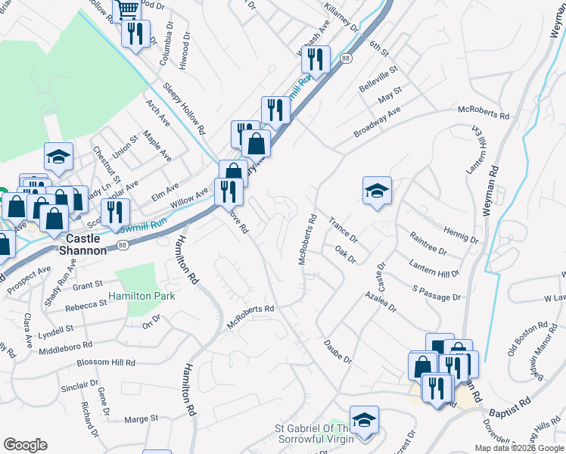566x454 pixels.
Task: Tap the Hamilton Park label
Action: pyautogui.click(x=141, y=296)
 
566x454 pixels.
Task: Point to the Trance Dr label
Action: pyautogui.click(x=343, y=230)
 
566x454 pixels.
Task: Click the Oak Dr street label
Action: pyautogui.click(x=344, y=253)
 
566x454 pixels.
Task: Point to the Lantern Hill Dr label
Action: pyautogui.click(x=434, y=268)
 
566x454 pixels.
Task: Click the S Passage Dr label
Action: pyautogui.click(x=437, y=293)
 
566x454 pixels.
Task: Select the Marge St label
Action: pyautogui.click(x=141, y=418)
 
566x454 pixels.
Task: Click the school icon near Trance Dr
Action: pyautogui.click(x=377, y=191)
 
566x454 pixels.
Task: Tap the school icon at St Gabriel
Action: pyautogui.click(x=364, y=420)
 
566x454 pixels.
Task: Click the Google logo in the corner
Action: pyautogui.click(x=25, y=445)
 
